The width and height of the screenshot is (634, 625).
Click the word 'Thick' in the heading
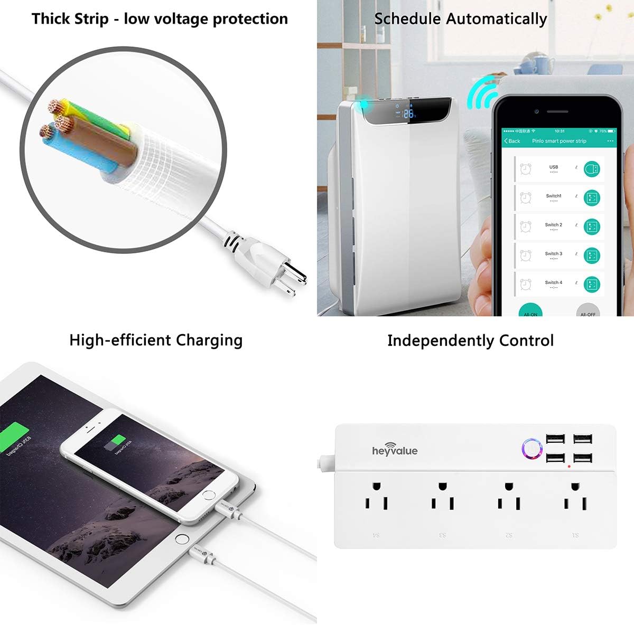click(51, 19)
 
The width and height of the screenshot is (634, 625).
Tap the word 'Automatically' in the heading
click(497, 20)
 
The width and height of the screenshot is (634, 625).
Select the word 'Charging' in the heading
click(209, 340)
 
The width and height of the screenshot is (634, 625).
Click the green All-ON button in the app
click(530, 311)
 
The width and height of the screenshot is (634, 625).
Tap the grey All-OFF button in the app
click(588, 311)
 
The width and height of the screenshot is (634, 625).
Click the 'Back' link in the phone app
click(512, 141)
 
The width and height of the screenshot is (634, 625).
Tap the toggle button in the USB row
click(592, 169)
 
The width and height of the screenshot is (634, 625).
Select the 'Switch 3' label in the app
click(554, 254)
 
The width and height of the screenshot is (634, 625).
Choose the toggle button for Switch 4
click(592, 285)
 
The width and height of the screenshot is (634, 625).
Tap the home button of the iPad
click(182, 539)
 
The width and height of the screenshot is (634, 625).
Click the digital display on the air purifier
click(407, 112)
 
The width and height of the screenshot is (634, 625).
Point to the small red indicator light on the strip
click(569, 467)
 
